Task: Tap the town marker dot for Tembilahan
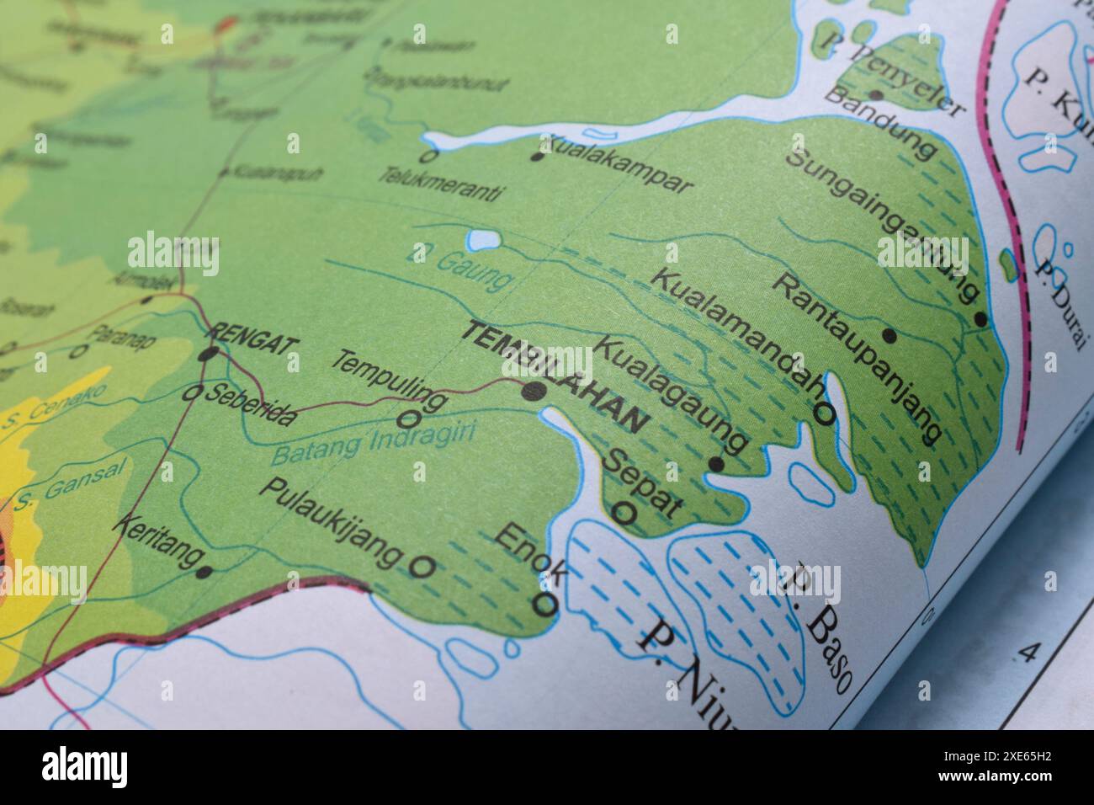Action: [534, 391]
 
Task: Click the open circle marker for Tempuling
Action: [410, 418]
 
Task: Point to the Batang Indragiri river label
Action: [373, 445]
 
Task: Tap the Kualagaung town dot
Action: [716, 463]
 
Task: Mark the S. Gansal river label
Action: [67, 484]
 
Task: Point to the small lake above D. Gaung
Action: [482, 242]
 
